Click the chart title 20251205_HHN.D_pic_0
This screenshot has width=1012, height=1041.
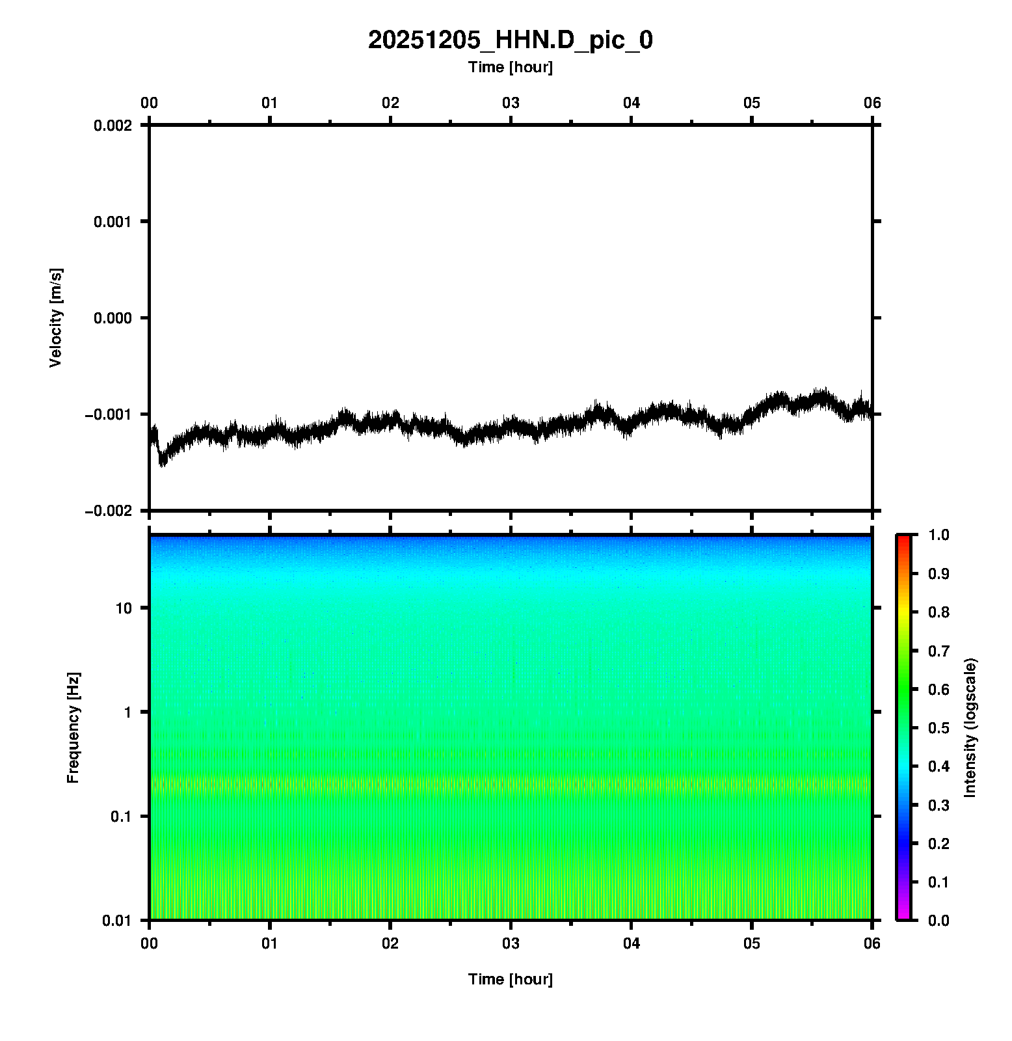click(x=510, y=40)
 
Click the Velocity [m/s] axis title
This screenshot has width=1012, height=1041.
click(x=56, y=318)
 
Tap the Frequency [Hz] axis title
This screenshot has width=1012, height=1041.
click(x=73, y=727)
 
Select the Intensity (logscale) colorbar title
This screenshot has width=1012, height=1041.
click(x=970, y=727)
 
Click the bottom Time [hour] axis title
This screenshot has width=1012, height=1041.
click(x=510, y=979)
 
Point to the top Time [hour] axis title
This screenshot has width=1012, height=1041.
click(x=510, y=67)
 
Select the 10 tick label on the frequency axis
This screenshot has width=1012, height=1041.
click(x=124, y=608)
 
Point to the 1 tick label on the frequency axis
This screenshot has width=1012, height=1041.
click(x=127, y=712)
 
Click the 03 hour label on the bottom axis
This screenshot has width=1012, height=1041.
click(x=511, y=943)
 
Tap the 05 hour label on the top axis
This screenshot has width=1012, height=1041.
click(x=752, y=103)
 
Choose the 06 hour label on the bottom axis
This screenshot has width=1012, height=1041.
click(x=872, y=943)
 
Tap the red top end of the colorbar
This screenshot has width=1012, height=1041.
click(x=903, y=539)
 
